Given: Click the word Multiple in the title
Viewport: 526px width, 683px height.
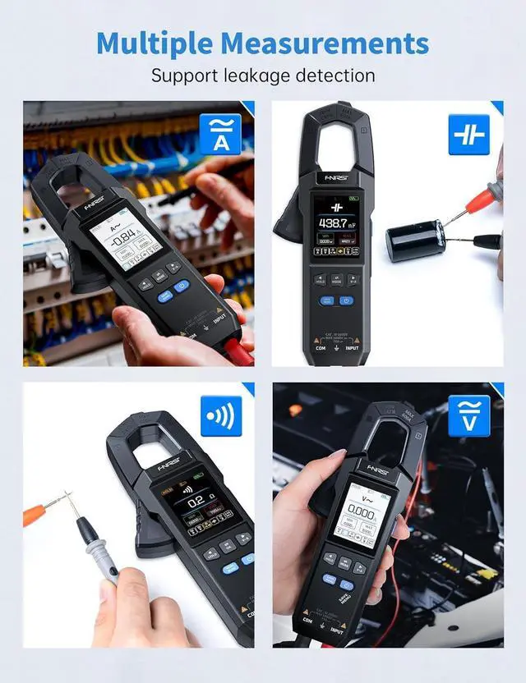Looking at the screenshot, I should [158, 43].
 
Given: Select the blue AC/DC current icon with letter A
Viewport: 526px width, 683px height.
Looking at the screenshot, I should [220, 134].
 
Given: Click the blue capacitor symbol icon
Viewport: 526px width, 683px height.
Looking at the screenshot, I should [468, 134].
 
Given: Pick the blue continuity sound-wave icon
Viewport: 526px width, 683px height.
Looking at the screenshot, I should [221, 416].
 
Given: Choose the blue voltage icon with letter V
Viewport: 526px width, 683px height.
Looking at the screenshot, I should [468, 415].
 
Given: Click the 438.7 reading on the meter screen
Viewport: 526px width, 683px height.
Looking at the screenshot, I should [337, 222].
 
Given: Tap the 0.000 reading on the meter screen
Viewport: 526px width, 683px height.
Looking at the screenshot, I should [362, 513].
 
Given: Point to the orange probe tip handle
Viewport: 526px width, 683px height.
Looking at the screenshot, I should [35, 515].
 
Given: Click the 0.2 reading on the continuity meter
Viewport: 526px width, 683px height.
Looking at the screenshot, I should [196, 500].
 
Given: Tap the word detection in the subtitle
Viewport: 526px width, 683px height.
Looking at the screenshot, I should [337, 76].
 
